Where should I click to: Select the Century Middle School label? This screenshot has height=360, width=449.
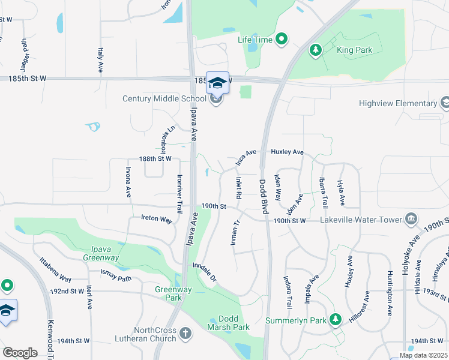click(164, 99)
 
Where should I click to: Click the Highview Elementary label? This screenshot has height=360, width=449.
click(397, 103)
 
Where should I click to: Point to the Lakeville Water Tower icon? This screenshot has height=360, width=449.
click(411, 218)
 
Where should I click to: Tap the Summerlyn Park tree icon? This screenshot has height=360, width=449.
click(336, 320)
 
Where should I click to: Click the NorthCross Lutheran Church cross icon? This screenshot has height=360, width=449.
click(185, 332)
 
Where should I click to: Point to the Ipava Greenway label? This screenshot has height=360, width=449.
click(100, 253)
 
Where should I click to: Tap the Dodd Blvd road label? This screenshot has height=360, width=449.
click(263, 196)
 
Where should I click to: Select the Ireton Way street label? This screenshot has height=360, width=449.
click(157, 219)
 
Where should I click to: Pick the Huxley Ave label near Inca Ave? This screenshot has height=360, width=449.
click(288, 152)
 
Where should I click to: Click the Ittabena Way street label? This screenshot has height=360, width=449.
click(55, 270)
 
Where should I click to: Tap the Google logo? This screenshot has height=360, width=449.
click(20, 352)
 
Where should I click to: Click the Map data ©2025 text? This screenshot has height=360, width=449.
click(423, 355)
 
